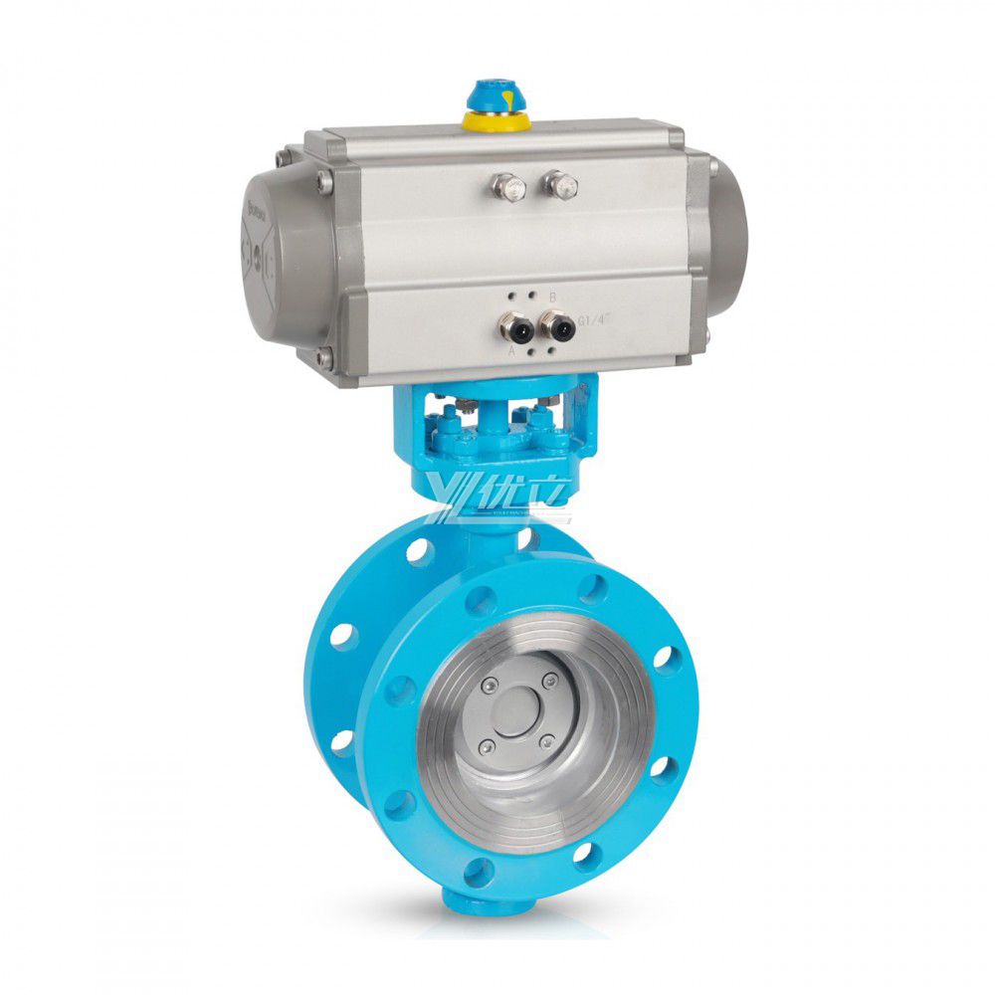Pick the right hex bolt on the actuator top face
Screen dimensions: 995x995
[562, 183]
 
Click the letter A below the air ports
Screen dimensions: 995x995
[512, 350]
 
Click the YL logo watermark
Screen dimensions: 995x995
[497, 497]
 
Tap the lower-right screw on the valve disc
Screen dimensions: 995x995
[546, 739]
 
